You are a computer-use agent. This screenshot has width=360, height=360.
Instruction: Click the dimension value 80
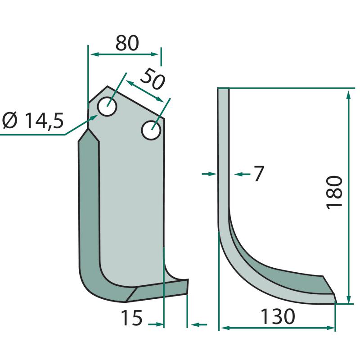[127, 43]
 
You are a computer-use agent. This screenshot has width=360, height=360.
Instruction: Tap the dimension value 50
[152, 79]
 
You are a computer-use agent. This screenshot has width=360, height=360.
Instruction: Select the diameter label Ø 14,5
[33, 121]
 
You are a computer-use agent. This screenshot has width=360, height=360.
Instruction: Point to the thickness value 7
[259, 174]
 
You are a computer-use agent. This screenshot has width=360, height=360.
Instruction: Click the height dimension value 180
[334, 193]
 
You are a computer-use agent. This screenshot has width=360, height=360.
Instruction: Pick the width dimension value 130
[278, 317]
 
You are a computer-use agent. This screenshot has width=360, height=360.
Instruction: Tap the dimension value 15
[131, 318]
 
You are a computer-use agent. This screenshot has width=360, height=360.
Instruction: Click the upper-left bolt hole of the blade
[107, 107]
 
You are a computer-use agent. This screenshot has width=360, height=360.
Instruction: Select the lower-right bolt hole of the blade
[151, 130]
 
